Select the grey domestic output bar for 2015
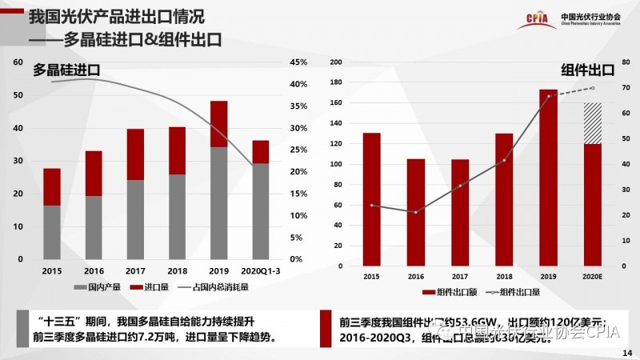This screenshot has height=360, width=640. click(x=52, y=232)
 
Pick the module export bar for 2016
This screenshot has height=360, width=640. click(x=415, y=213)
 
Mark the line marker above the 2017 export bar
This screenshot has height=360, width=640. click(x=460, y=186)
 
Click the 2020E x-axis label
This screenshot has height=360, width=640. click(x=592, y=277)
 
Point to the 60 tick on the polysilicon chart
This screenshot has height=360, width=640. click(x=18, y=62)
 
